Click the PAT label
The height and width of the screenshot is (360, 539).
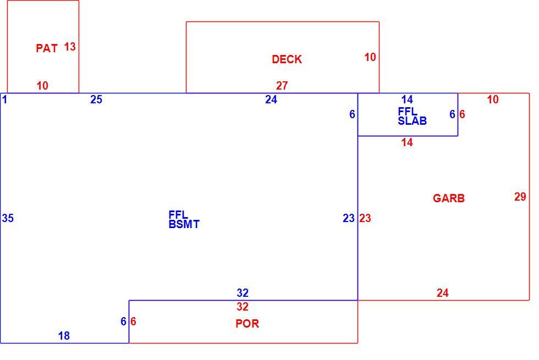click(47, 48)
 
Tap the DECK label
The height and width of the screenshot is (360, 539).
click(287, 59)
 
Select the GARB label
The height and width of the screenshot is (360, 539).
click(449, 198)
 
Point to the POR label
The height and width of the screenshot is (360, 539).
click(247, 323)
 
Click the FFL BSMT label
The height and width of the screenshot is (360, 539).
click(184, 219)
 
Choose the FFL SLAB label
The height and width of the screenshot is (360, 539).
click(412, 116)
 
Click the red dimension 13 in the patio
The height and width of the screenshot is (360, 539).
click(70, 47)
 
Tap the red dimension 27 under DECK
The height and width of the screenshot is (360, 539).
click(282, 86)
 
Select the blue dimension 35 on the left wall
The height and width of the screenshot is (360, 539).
click(8, 218)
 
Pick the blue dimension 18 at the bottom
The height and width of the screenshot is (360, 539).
click(64, 336)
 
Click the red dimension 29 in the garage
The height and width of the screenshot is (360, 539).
click(520, 197)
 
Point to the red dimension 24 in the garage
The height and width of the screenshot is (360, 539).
click(442, 292)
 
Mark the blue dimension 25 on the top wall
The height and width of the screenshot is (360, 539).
click(96, 99)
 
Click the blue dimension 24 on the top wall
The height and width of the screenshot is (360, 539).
click(271, 99)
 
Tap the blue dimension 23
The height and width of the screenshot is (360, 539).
click(349, 218)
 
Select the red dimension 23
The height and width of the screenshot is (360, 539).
click(365, 218)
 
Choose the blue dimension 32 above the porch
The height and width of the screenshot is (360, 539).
click(243, 292)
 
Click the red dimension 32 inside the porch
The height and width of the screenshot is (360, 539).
click(243, 307)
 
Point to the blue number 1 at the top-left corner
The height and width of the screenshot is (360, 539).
click(4, 99)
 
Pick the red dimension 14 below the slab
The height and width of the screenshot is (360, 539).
click(407, 142)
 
